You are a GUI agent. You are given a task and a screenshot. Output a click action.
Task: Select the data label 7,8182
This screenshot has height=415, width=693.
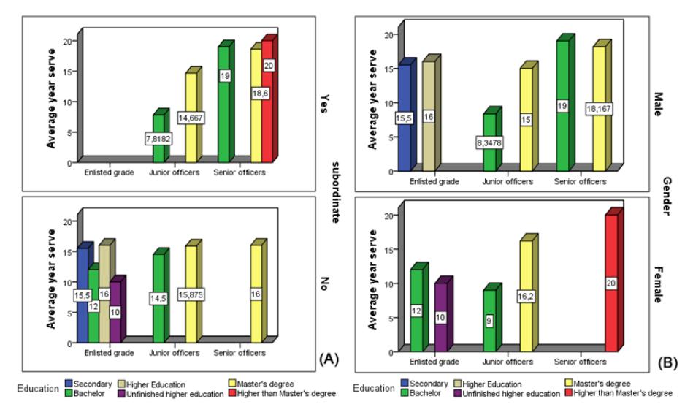(158, 139)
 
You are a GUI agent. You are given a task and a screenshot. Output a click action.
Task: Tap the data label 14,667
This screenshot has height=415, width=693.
(191, 118)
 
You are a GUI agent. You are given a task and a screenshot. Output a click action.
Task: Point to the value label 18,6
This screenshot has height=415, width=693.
(260, 94)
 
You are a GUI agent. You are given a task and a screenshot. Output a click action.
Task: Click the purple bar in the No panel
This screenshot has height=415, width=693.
(117, 310)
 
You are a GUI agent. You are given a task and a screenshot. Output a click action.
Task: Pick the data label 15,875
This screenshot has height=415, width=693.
(191, 294)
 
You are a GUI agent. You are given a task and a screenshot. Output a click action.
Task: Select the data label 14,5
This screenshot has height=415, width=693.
(158, 299)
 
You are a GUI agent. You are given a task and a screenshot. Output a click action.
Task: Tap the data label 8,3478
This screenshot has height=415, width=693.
(489, 143)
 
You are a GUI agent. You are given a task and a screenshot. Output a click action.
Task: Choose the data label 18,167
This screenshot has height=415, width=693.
(599, 109)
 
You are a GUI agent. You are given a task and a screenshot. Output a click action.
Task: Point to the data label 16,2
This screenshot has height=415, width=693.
(526, 297)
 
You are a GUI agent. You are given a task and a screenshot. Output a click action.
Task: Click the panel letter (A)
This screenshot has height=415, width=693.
(329, 359)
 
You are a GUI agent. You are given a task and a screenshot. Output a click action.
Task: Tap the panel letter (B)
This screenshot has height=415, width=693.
(667, 363)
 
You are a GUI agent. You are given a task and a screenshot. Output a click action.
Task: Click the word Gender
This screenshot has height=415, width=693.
(667, 196)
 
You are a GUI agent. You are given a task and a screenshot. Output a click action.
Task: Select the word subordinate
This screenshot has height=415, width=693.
(335, 192)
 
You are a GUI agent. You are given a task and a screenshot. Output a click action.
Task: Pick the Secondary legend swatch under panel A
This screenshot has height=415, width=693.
(69, 384)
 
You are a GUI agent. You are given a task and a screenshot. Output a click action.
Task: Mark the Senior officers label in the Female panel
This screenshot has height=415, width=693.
(581, 362)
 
